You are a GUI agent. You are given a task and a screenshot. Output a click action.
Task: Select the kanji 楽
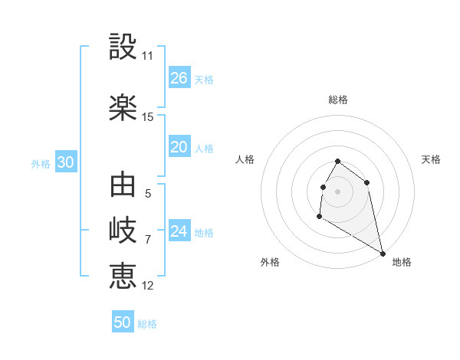click(x=123, y=108)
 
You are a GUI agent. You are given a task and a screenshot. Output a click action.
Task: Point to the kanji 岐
click(x=123, y=230)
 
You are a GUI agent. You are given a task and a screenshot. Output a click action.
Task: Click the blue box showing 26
click(x=179, y=78)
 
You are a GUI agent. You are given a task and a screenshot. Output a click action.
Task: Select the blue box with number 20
click(x=179, y=147)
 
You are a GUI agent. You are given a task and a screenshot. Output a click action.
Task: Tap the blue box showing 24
click(x=179, y=232)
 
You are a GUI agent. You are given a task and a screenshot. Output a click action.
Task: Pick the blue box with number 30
click(x=65, y=163)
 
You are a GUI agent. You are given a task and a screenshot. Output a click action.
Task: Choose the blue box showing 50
click(x=123, y=322)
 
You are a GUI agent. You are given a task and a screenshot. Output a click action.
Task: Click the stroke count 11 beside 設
click(x=148, y=56)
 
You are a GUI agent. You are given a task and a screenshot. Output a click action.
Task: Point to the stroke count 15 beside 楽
click(x=148, y=117)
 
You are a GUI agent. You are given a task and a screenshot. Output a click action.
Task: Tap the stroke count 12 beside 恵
click(x=148, y=286)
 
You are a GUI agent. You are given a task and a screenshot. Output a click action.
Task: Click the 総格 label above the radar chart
click(x=338, y=100)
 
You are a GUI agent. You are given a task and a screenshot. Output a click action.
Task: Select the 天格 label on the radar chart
click(x=432, y=159)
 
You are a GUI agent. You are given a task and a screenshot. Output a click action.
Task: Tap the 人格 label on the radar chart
click(x=245, y=159)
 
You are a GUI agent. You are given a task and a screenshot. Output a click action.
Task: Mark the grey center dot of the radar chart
click(x=337, y=191)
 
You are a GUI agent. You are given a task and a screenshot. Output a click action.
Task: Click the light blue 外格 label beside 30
click(x=41, y=164)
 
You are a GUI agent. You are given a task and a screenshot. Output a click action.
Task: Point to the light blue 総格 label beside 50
click(x=147, y=324)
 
